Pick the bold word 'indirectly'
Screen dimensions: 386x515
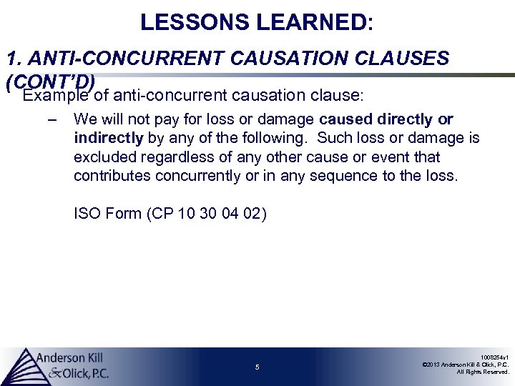click(x=108, y=137)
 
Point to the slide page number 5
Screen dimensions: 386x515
click(x=257, y=367)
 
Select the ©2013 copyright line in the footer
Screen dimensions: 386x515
click(x=466, y=364)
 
